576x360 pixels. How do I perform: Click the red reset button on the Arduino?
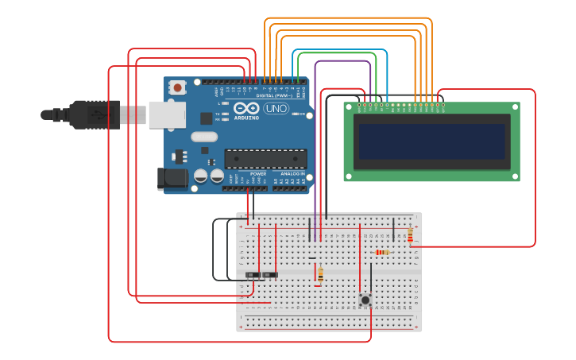click(178, 87)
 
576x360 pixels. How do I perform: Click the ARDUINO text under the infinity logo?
click(246, 118)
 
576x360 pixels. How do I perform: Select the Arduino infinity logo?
click(246, 108)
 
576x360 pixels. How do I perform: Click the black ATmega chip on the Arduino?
click(265, 158)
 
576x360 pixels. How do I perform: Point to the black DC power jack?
click(172, 179)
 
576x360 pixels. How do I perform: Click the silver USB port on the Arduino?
click(167, 115)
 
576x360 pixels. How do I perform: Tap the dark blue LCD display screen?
click(431, 141)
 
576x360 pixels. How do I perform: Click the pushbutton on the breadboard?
click(365, 299)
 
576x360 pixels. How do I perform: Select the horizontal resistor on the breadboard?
click(382, 253)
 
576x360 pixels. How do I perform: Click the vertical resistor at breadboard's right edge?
click(410, 235)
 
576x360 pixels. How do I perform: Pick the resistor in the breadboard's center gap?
click(320, 274)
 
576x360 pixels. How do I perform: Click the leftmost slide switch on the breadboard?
click(253, 275)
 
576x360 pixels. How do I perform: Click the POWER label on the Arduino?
click(258, 173)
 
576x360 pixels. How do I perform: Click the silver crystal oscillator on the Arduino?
click(204, 136)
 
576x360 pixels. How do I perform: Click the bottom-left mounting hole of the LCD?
click(349, 176)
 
